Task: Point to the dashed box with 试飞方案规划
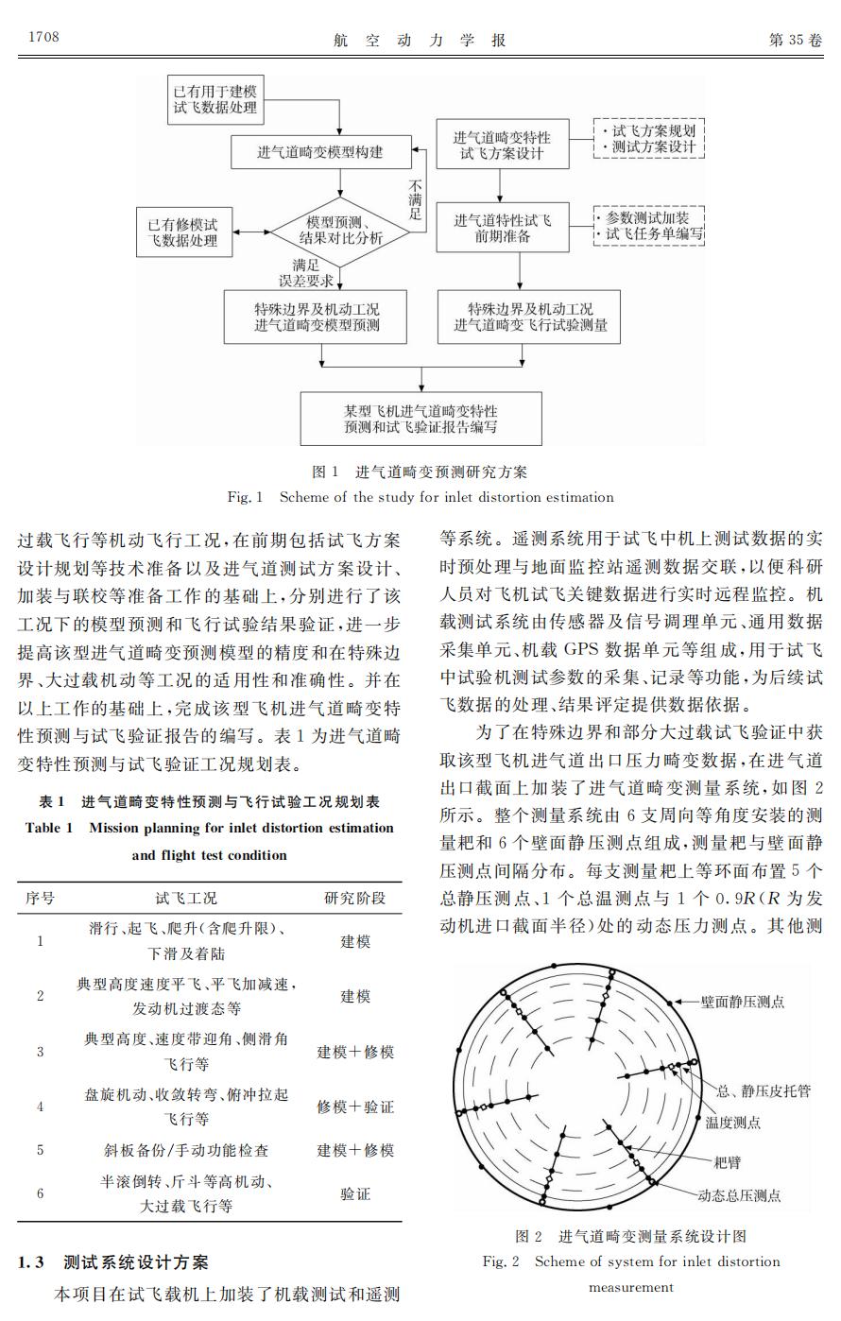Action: (x=648, y=139)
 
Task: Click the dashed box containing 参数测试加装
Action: (x=648, y=225)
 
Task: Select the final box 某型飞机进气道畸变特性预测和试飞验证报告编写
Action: (x=420, y=419)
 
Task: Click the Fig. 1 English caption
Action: (x=420, y=497)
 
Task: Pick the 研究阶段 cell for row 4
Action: (x=355, y=1107)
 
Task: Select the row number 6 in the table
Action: (x=40, y=1193)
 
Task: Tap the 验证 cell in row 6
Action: (x=355, y=1193)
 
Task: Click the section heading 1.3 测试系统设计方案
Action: (x=113, y=1262)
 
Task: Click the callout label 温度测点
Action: (x=732, y=1123)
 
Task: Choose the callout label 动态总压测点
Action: (x=739, y=1195)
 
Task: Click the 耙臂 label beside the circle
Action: (x=727, y=1160)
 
